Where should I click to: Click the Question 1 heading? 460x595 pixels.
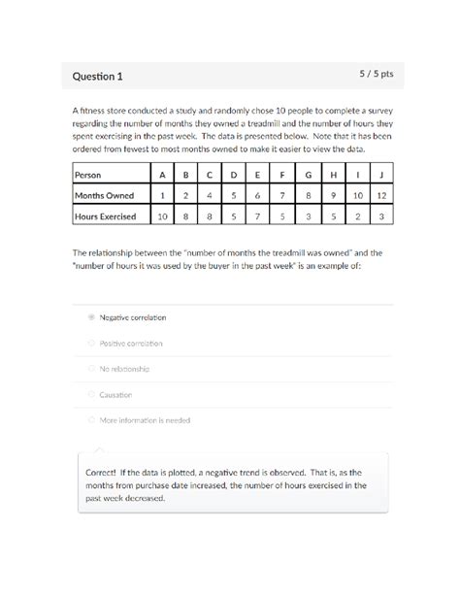coord(97,76)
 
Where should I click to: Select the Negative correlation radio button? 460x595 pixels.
coord(91,317)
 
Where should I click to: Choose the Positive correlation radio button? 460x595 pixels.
coord(91,343)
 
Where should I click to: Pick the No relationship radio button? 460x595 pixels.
coord(91,369)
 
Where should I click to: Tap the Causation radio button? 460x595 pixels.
coord(91,394)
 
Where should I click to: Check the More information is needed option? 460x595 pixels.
coord(91,420)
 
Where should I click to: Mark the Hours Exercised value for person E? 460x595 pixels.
coord(257,216)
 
